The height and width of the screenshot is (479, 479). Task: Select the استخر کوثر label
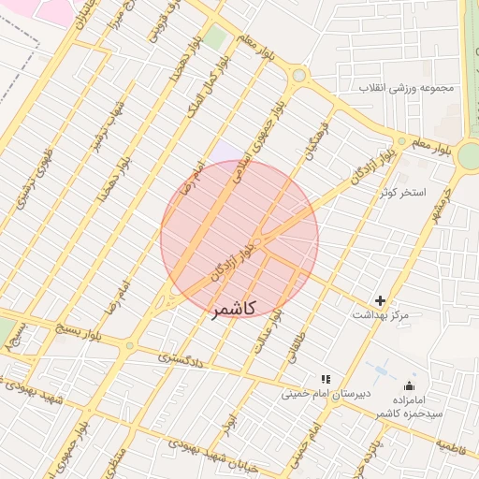[x=403, y=193]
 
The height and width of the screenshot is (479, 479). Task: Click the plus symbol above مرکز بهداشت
[x=380, y=300]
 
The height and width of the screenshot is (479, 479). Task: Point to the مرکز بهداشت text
[x=380, y=316]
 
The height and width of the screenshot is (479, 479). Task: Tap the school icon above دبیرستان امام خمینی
[x=325, y=379]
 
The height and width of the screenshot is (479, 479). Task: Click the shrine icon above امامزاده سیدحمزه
[x=408, y=385]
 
